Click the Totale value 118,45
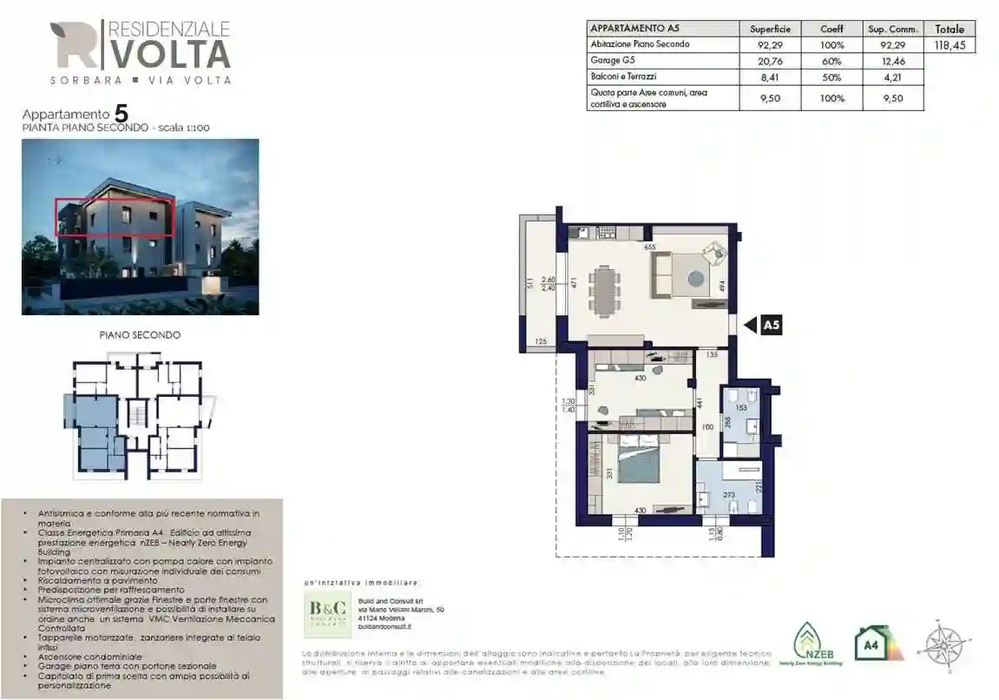pos(950,45)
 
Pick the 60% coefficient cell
pos(831,61)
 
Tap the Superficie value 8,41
pos(770,76)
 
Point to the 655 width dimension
pos(649,247)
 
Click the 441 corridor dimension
pos(699,403)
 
